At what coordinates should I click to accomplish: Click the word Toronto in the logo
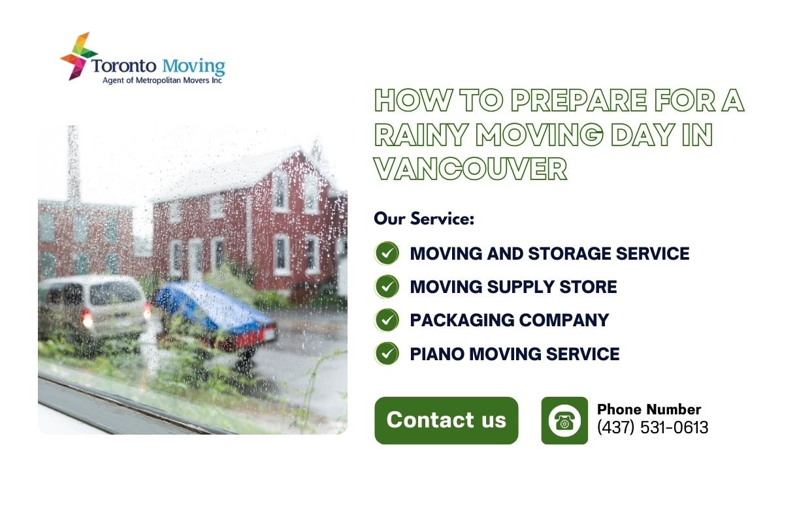click(x=123, y=67)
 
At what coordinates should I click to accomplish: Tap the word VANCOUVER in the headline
click(x=470, y=169)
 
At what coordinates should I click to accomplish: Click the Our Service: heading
click(x=424, y=219)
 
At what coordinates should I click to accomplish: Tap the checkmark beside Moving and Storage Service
click(x=387, y=253)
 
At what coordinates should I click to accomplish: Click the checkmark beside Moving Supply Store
click(x=387, y=286)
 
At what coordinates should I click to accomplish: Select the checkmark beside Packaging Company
click(x=387, y=320)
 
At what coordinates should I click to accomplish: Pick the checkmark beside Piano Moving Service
click(x=387, y=354)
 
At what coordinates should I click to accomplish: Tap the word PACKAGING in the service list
click(x=455, y=320)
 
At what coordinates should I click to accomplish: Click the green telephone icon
click(x=564, y=421)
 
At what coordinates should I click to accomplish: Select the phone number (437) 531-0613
click(x=653, y=428)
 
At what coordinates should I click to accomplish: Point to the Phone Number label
click(x=649, y=410)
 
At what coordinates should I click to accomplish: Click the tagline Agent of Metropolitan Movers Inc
click(x=163, y=81)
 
